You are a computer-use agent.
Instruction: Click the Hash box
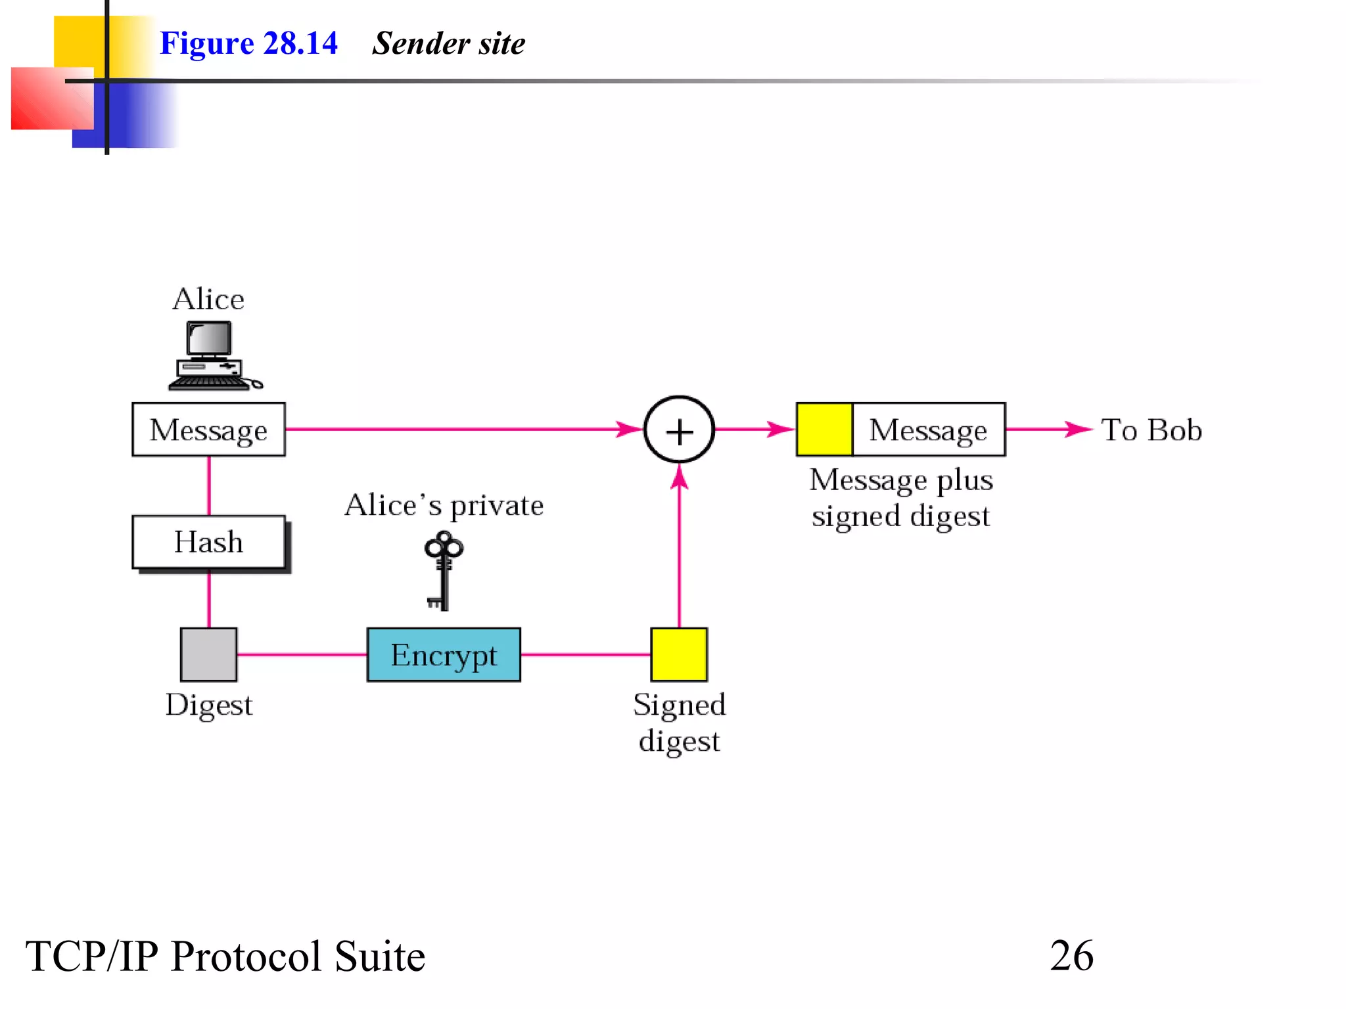coord(209,542)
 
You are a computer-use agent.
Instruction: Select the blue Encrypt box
coord(444,655)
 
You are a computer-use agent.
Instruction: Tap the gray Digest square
coord(209,654)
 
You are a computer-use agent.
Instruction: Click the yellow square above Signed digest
coord(679,654)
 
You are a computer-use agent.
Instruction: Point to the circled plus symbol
coord(679,430)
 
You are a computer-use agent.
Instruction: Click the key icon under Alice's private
coord(444,570)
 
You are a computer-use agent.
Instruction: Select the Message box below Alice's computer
coord(209,430)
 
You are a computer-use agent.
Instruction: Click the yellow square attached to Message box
coord(824,430)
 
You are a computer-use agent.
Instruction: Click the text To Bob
coord(1151,430)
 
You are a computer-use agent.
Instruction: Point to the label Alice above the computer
coord(208,300)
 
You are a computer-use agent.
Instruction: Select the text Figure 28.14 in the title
coord(248,43)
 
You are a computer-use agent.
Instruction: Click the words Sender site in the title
coord(449,43)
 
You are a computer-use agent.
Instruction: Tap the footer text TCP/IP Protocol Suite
coord(225,956)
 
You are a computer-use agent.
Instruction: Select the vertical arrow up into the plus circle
coord(679,545)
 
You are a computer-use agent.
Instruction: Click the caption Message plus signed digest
coord(900,498)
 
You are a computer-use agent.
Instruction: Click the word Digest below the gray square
coord(209,705)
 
